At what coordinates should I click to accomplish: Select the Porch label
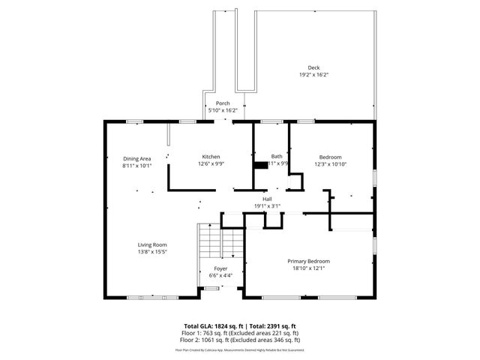[x=223, y=103]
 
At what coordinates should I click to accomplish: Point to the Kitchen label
[x=211, y=157]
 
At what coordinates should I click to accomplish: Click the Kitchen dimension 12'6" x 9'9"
[x=211, y=163]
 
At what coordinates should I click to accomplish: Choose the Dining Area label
[x=137, y=158]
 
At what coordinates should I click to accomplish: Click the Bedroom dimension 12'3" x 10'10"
[x=330, y=163]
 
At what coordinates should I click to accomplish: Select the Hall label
[x=267, y=199]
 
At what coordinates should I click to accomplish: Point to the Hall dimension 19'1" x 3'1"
[x=267, y=205]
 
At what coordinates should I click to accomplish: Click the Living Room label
[x=151, y=245]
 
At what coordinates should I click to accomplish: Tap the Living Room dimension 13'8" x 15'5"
[x=151, y=252]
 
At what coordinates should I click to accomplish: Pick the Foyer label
[x=220, y=268]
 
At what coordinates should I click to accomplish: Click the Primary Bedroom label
[x=309, y=261]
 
